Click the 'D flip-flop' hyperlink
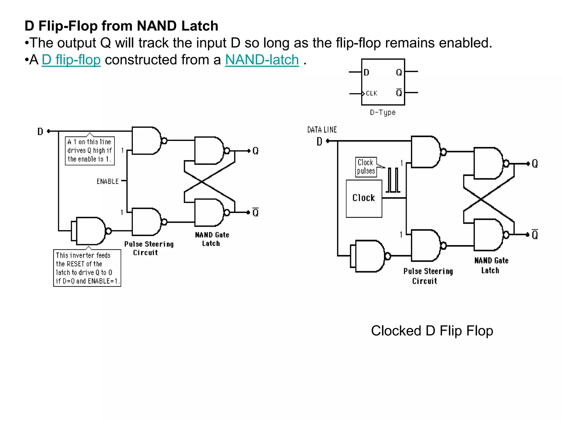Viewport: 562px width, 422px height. [71, 60]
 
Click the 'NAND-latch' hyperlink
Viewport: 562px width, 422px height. [262, 60]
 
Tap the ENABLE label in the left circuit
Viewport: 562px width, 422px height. [108, 181]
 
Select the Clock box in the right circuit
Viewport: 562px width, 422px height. [364, 198]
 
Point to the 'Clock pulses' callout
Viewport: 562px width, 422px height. [366, 167]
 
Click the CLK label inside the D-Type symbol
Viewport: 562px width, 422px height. [372, 93]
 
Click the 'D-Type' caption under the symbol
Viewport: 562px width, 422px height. [383, 112]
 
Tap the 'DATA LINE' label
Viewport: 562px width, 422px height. [322, 130]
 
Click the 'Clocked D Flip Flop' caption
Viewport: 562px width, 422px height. [432, 331]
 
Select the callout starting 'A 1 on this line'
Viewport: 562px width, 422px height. [89, 151]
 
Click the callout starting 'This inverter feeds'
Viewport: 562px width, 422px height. [87, 268]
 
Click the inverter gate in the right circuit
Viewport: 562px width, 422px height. [369, 256]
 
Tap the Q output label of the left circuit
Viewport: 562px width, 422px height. [255, 151]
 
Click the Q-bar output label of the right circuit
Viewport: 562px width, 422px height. [535, 235]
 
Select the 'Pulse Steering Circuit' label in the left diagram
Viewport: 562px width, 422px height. [148, 248]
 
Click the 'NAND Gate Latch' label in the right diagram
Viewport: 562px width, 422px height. [491, 265]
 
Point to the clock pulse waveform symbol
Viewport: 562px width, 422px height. [393, 180]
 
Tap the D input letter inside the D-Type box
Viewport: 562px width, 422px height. [366, 73]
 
